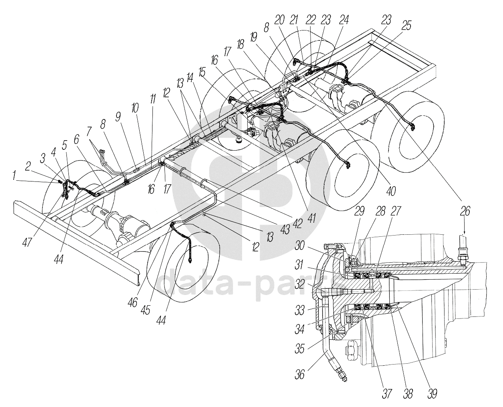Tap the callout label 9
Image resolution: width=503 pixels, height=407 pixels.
(118, 117)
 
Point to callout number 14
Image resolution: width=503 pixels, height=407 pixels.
(190, 77)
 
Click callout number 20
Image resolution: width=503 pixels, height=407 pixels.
(279, 20)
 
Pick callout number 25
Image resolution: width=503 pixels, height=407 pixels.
(406, 25)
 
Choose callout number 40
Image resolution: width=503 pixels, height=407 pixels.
(391, 191)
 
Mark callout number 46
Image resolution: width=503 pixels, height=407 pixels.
(133, 302)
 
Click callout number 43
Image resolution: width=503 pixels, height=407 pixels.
(285, 229)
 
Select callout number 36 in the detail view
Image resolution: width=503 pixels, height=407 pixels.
(300, 375)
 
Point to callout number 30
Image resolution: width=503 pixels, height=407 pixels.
(300, 246)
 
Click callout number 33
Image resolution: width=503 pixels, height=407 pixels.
(300, 310)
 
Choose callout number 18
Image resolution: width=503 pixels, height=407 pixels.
(240, 44)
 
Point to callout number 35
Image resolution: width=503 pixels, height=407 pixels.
(300, 349)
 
